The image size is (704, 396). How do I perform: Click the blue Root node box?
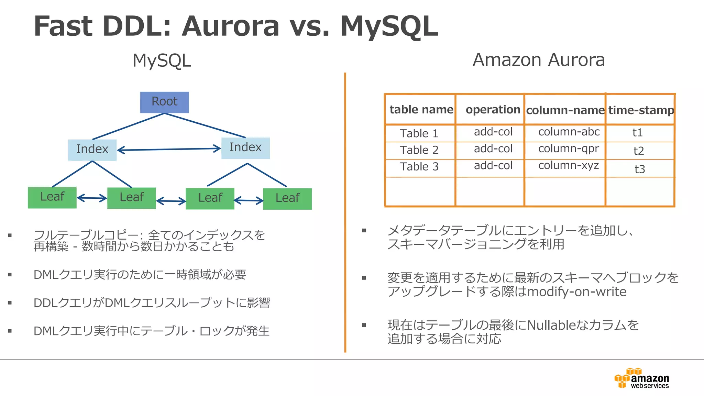[x=164, y=102]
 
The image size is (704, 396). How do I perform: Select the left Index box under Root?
[x=92, y=150]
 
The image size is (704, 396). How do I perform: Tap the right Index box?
[x=245, y=148]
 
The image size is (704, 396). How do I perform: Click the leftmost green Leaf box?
[x=52, y=197]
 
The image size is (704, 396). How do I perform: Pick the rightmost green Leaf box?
[x=287, y=198]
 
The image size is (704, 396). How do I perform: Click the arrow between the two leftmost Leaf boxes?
[x=92, y=198]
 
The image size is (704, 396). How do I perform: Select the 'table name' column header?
[x=421, y=110]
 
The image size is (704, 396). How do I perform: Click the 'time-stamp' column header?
[x=641, y=110]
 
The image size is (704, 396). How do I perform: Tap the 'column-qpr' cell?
[x=568, y=149]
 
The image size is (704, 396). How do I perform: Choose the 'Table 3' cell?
[x=419, y=167]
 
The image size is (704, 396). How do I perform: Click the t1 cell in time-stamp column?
[x=637, y=133]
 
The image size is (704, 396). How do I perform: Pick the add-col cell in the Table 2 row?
[x=493, y=149]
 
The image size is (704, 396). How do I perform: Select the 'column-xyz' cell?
[x=568, y=166]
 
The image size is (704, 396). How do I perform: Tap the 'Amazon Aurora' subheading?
[x=539, y=60]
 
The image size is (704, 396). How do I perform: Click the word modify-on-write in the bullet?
[x=576, y=292]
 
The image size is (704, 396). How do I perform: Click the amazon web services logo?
[x=642, y=378]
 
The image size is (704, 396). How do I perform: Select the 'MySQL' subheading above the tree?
[x=162, y=61]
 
